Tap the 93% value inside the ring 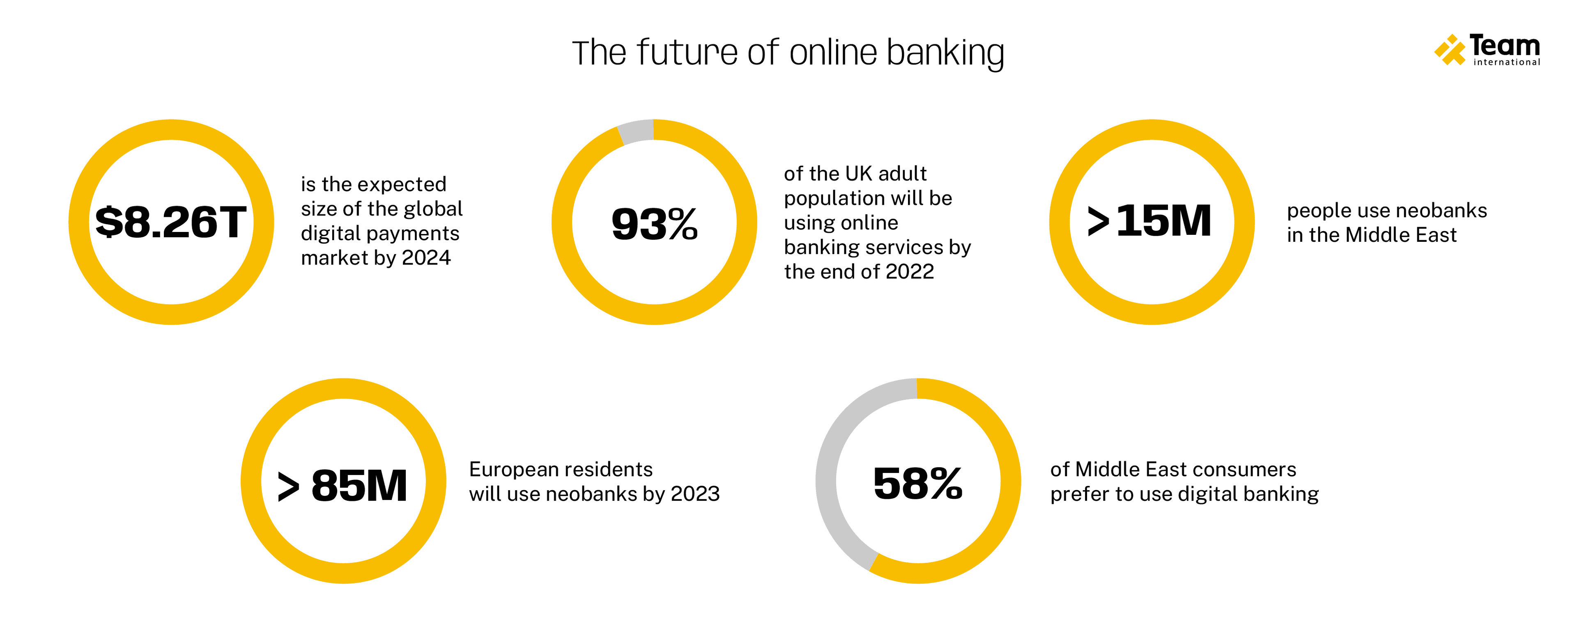[x=655, y=224]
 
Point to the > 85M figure [x=342, y=486]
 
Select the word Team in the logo [x=1504, y=45]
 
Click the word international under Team [x=1507, y=62]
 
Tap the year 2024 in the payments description [x=426, y=257]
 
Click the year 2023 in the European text [x=695, y=494]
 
